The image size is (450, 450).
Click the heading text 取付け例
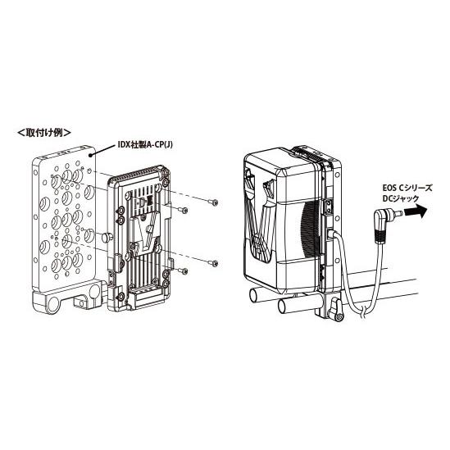click(x=44, y=133)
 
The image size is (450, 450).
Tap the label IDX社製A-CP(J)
click(x=146, y=145)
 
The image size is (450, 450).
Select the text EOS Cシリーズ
click(x=407, y=189)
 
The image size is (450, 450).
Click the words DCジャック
click(x=401, y=198)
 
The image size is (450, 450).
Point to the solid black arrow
click(x=416, y=212)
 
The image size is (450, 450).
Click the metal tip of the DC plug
click(x=398, y=213)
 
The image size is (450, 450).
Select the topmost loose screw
click(x=213, y=202)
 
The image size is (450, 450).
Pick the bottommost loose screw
click(x=183, y=270)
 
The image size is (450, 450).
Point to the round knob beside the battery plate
click(x=107, y=237)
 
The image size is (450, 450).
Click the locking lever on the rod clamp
click(x=337, y=311)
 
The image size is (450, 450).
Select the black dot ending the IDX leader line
click(x=91, y=156)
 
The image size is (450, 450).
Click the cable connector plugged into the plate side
click(x=331, y=234)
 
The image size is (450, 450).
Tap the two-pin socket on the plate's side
click(x=329, y=206)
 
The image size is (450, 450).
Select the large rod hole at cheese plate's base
click(x=52, y=304)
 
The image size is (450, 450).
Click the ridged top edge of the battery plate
click(x=137, y=174)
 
